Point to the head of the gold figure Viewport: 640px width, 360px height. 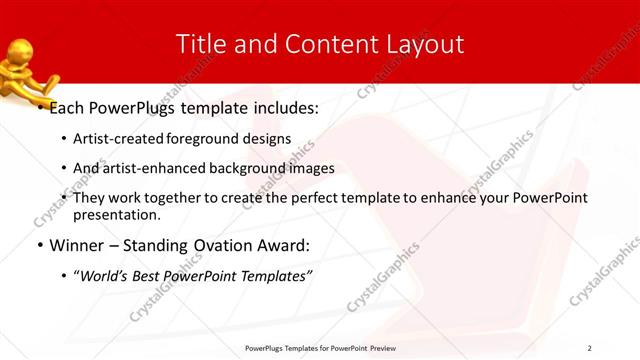point(21,49)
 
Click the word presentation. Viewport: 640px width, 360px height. point(116,214)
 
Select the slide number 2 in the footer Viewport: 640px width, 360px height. point(590,348)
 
